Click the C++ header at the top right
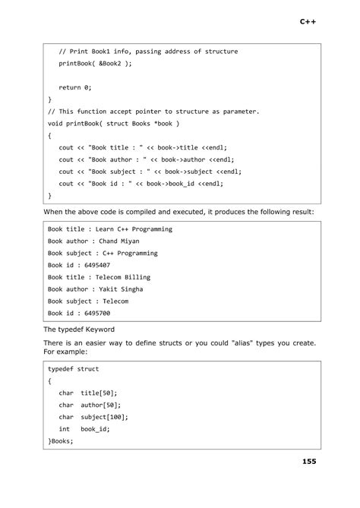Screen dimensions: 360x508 click(308, 23)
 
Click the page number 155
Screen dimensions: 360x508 click(308, 461)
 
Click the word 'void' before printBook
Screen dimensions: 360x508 click(55, 123)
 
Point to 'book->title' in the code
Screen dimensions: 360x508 click(176, 147)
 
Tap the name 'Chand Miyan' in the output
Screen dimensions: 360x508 click(119, 241)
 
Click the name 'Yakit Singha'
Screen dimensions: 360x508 click(122, 289)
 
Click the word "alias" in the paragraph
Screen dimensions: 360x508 click(236, 344)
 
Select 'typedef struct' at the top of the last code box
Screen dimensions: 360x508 click(73, 369)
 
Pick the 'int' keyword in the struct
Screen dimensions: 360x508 click(65, 429)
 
